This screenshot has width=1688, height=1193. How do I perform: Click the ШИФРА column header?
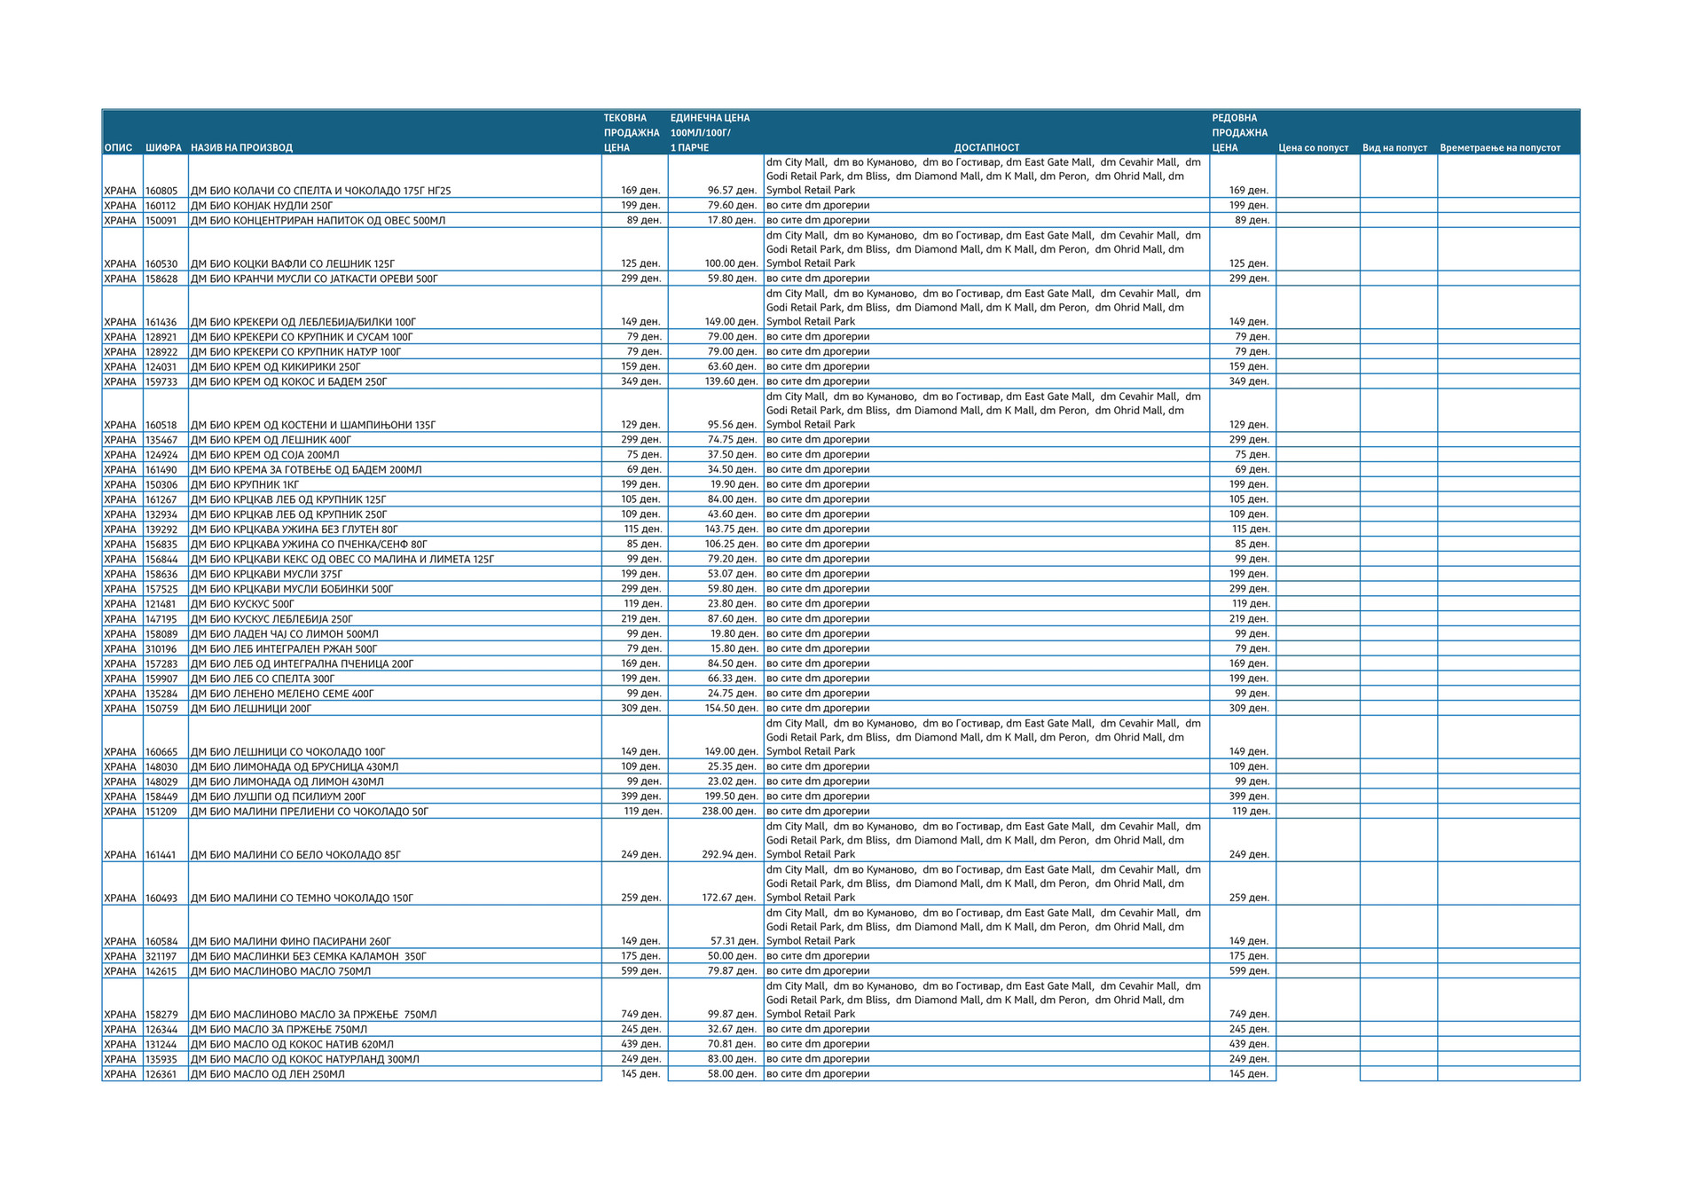click(x=163, y=147)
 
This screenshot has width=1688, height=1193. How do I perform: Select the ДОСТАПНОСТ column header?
click(x=986, y=147)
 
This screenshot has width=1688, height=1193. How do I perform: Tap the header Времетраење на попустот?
click(x=1499, y=147)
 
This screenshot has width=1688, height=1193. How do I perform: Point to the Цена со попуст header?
click(x=1313, y=147)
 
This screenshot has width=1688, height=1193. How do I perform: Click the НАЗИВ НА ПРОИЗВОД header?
click(x=241, y=147)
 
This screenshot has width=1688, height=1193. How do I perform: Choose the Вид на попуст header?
click(x=1394, y=147)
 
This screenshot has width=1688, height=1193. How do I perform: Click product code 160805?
click(x=161, y=191)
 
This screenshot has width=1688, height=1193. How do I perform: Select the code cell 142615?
click(x=161, y=971)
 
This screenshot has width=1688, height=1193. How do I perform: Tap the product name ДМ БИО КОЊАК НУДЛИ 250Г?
click(x=262, y=206)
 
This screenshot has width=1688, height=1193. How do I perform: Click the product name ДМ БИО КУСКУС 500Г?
click(x=242, y=604)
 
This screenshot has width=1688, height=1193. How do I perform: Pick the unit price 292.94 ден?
click(x=729, y=855)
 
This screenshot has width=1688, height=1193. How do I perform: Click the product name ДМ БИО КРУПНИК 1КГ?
click(x=245, y=485)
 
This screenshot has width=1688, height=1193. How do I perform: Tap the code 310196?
click(x=161, y=649)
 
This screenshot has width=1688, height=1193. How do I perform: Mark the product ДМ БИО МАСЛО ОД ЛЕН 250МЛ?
click(x=268, y=1074)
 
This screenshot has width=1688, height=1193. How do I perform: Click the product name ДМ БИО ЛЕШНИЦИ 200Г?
click(x=251, y=709)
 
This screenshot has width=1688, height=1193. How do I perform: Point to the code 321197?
click(x=161, y=956)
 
